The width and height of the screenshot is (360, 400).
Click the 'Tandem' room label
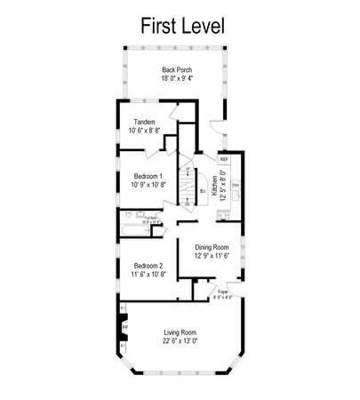click(x=144, y=122)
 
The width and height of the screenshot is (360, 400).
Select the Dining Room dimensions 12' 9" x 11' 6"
click(x=212, y=256)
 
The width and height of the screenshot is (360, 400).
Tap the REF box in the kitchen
click(x=224, y=160)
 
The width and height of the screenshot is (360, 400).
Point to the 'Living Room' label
click(x=179, y=332)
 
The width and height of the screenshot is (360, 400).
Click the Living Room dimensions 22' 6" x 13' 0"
click(x=179, y=341)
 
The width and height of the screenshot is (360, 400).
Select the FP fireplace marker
click(x=124, y=326)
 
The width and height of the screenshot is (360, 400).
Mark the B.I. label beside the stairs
click(x=204, y=190)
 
